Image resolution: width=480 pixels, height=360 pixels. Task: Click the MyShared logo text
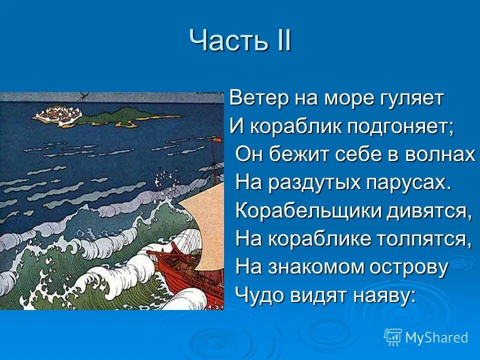tap(436, 337)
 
